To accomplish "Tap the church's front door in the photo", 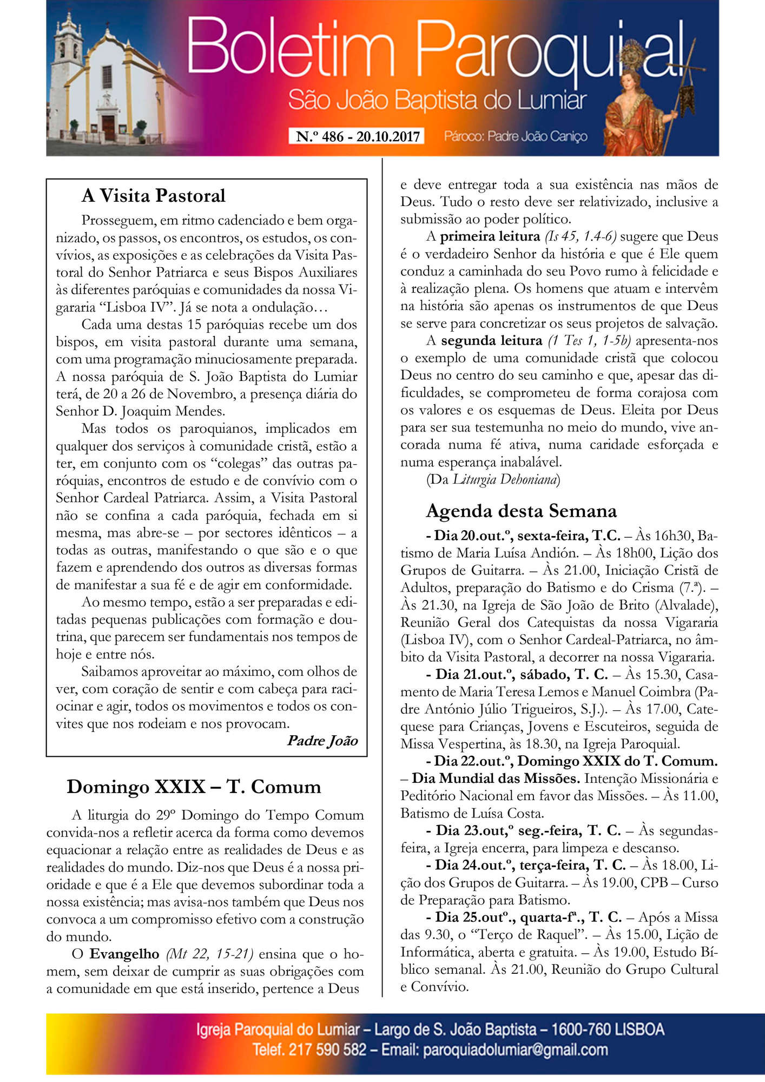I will [x=108, y=127].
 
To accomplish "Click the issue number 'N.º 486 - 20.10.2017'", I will [x=358, y=136].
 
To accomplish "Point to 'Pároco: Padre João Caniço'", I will [x=515, y=136].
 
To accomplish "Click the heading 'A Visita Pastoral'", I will [x=153, y=196].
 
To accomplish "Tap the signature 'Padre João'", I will [x=322, y=741].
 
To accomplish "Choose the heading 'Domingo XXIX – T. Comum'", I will [x=194, y=787].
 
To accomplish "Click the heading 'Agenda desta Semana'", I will [x=521, y=511].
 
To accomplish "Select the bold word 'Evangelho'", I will [x=124, y=954].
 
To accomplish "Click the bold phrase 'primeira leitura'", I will [x=490, y=236].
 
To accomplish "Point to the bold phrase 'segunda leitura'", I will [x=491, y=341].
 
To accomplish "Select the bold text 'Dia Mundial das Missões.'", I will [x=496, y=778].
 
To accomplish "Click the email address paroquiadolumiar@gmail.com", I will [x=515, y=1050].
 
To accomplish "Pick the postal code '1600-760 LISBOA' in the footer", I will [x=607, y=1030].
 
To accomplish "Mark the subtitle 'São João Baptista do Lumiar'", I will [x=437, y=101].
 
